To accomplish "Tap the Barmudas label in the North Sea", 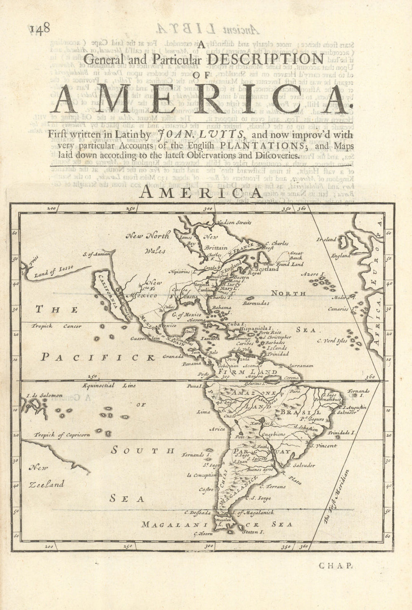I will click(256, 303).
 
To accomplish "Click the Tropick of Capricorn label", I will click(62, 435).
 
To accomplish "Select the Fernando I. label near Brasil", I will click(358, 392).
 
